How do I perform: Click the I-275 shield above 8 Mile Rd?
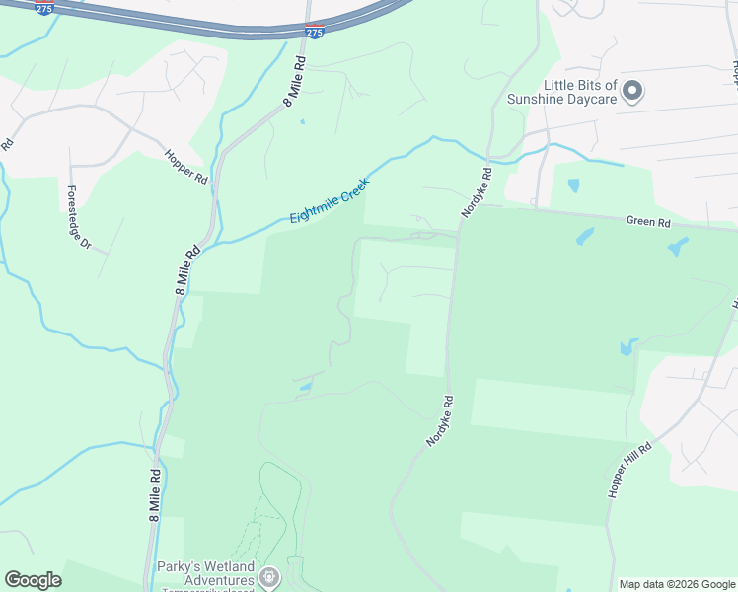(x=313, y=33)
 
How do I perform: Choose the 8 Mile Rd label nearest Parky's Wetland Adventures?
(x=155, y=494)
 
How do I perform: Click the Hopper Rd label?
(x=186, y=166)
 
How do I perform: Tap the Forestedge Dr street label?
(x=78, y=217)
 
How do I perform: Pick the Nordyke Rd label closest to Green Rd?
(x=476, y=192)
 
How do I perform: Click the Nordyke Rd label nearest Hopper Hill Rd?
(x=440, y=421)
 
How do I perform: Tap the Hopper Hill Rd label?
(x=631, y=470)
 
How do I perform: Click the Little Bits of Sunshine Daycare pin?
(x=633, y=92)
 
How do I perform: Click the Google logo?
(x=34, y=580)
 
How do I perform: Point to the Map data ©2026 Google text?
(x=676, y=584)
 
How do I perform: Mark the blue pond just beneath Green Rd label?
(x=677, y=247)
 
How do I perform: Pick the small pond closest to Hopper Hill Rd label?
(x=628, y=347)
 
